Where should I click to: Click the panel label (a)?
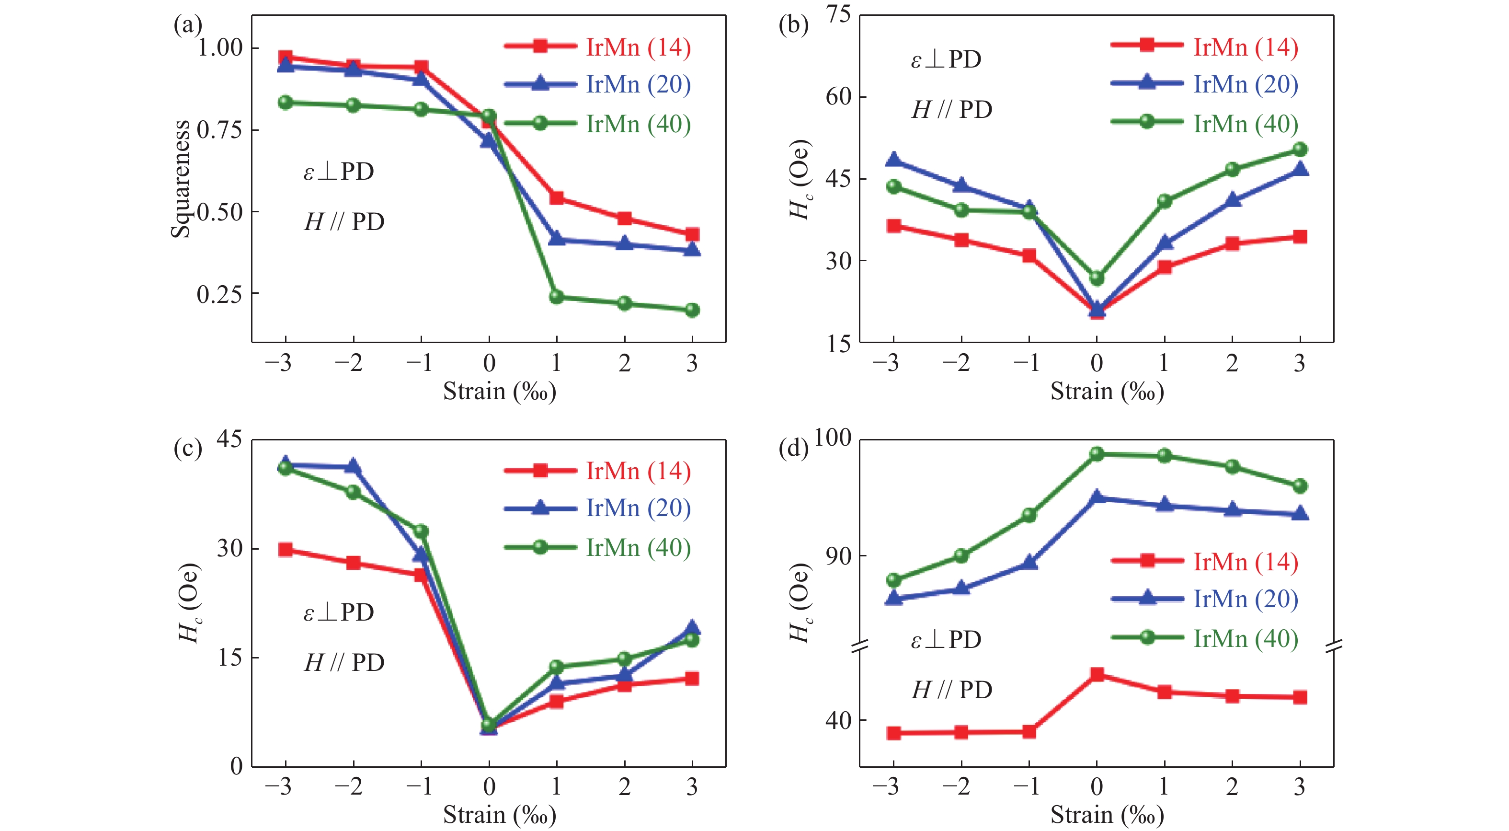tap(187, 26)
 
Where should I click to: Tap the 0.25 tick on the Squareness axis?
tap(219, 294)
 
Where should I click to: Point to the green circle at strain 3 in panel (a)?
tap(692, 310)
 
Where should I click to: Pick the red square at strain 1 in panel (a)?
tap(557, 198)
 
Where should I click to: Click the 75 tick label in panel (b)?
tap(838, 14)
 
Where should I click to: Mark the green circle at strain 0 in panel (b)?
tap(1097, 278)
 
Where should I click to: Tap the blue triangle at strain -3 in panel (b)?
tap(893, 160)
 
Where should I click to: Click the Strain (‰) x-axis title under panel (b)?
tap(1107, 391)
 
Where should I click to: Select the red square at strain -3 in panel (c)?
tap(286, 550)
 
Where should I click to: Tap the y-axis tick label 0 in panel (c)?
tap(236, 766)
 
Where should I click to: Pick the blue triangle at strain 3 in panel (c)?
tap(692, 628)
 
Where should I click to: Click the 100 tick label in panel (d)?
tap(832, 438)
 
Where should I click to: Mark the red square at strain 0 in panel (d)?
tap(1097, 674)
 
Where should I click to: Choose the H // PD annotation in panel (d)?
tap(952, 690)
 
